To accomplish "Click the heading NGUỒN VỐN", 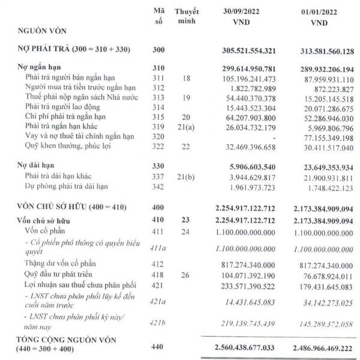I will coord(41,29).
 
